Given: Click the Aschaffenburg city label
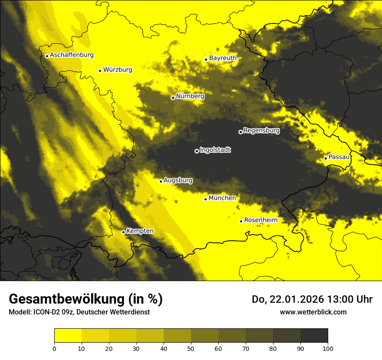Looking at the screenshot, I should coord(72,55).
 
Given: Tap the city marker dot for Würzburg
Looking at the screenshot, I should coord(100,71).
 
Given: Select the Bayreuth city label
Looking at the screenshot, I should coord(223,58).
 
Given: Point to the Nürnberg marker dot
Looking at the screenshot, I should coord(173,98).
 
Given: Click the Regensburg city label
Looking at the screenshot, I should coord(261,130).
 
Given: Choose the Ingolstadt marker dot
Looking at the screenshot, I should coord(197,151).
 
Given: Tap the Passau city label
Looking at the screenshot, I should coord(339,157).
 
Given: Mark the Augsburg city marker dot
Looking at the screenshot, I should coord(161,181).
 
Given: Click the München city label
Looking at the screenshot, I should coord(222,198).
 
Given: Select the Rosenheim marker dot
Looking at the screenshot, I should coord(241,221).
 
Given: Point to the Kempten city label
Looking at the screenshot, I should coord(140,231).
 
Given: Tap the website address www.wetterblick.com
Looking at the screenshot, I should coord(313,312).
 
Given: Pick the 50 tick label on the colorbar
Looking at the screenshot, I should coord(191,348).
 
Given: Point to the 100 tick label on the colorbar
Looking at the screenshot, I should coord(327,348).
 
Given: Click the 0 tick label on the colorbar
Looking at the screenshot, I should coord(54,348).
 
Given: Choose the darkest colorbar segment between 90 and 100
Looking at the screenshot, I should coord(314,335).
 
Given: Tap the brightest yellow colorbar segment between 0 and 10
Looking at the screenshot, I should coord(68,335).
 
